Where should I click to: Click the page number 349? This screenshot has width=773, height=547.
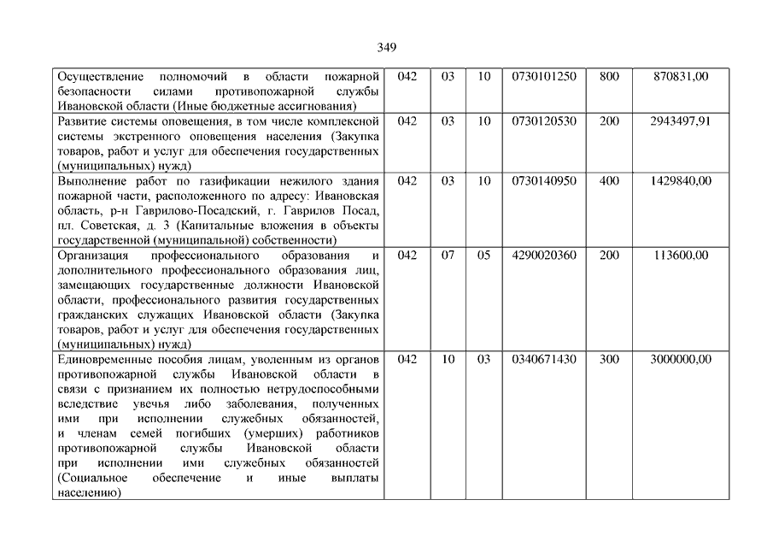coord(386,47)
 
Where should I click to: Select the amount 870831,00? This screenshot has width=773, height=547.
coord(680,77)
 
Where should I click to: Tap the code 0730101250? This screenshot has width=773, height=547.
coord(544,77)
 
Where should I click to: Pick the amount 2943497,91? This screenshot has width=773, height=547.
coord(680,121)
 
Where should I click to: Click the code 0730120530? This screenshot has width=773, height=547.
coord(544,121)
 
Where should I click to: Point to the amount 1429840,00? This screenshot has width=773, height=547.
coord(680,181)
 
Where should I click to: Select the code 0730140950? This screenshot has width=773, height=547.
coord(544,181)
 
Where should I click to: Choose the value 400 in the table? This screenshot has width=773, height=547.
coord(609,181)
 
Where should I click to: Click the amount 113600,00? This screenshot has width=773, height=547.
coord(680,255)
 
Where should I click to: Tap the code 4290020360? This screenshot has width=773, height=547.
coord(544,255)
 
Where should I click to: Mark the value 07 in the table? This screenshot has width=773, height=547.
coord(448,255)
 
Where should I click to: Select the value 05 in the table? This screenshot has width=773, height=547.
coord(484,255)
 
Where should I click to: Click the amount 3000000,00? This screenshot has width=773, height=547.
coord(680,360)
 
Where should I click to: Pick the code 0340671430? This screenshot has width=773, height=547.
coord(544,360)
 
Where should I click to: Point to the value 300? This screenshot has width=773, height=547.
coord(609,360)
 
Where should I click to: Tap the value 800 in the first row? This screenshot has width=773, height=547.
coord(609,77)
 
